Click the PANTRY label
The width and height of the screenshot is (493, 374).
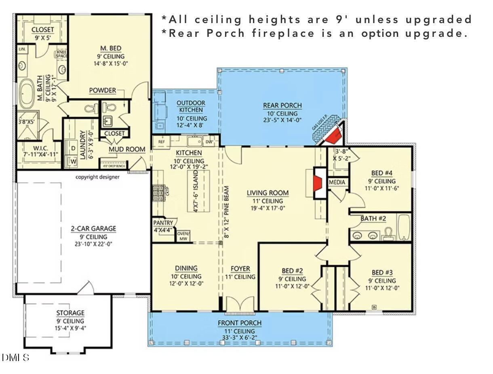163,223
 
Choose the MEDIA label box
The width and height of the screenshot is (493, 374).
337,183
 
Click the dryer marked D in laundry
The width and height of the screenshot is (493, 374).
74,149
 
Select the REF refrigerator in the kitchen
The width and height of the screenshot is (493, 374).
161,142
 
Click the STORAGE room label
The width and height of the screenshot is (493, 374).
70,313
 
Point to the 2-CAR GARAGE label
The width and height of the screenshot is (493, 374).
93,229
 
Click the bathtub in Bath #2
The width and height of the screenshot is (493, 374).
404,227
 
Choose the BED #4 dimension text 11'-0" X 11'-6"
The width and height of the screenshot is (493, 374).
381,188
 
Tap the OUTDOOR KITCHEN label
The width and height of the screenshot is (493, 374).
191,106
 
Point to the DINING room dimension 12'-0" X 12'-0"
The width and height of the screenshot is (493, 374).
186,283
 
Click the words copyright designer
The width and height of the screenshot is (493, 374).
97,177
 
